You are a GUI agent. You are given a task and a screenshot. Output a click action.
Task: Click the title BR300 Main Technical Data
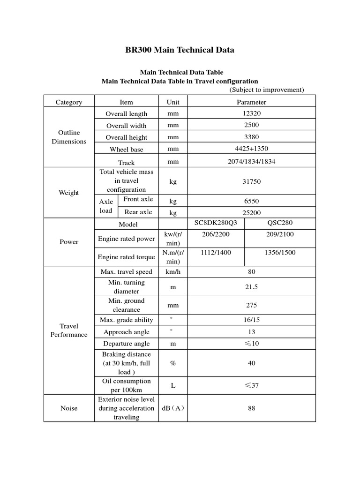(180, 50)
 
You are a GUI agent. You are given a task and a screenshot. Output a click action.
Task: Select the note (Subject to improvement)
(267, 90)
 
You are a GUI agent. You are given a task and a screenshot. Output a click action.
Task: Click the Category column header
(69, 102)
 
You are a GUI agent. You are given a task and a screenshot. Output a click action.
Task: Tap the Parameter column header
(251, 102)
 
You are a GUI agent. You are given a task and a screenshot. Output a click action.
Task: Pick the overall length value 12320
(251, 113)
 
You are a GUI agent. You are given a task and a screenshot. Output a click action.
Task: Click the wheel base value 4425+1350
(251, 149)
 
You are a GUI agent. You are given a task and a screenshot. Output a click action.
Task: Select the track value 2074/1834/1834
(251, 162)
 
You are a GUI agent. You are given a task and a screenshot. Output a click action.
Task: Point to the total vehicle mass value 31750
(251, 180)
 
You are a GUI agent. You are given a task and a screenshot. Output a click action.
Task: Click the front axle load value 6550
(251, 200)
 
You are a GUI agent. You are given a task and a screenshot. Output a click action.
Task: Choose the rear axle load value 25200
(251, 212)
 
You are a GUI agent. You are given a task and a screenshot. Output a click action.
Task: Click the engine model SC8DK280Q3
(216, 223)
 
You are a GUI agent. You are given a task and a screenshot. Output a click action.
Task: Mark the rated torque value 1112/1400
(216, 252)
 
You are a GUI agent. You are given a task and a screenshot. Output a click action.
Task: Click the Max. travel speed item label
(126, 272)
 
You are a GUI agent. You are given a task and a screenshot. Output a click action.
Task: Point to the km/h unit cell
(173, 272)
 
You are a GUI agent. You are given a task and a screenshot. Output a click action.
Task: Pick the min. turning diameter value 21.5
(251, 287)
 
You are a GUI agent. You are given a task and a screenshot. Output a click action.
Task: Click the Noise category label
(69, 408)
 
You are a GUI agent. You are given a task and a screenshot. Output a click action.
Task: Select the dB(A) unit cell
(173, 408)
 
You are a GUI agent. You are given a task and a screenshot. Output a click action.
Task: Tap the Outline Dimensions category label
(69, 137)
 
